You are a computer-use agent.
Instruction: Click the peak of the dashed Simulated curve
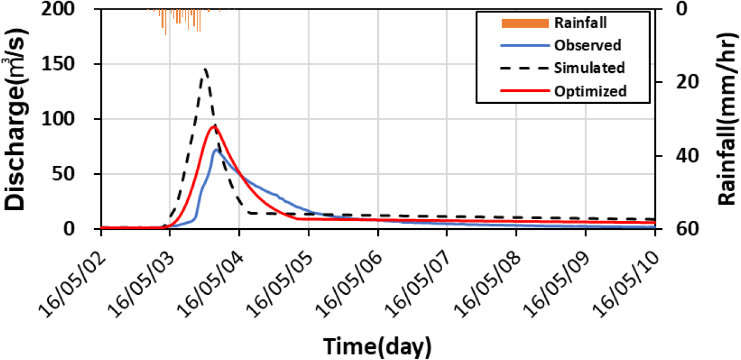(206, 69)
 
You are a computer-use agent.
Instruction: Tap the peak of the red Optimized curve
(214, 127)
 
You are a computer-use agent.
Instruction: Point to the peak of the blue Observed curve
(216, 150)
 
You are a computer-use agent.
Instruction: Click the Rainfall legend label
(581, 23)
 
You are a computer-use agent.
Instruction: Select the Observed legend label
(588, 45)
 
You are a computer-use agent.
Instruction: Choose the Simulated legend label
(590, 68)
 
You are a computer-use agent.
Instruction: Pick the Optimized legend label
(590, 91)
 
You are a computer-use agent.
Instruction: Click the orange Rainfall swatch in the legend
(525, 23)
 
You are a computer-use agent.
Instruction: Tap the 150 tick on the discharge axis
(58, 63)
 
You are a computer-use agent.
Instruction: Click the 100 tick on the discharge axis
(58, 118)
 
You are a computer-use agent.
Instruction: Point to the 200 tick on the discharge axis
(58, 8)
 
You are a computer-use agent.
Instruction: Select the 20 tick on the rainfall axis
(687, 82)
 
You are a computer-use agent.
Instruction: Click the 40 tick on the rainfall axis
(687, 155)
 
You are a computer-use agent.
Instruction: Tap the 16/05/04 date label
(211, 285)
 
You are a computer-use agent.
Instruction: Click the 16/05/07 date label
(418, 285)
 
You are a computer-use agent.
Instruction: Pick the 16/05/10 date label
(626, 285)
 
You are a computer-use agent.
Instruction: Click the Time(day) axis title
(377, 347)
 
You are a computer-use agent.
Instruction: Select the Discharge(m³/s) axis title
(15, 119)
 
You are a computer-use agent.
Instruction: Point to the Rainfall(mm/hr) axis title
(728, 119)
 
